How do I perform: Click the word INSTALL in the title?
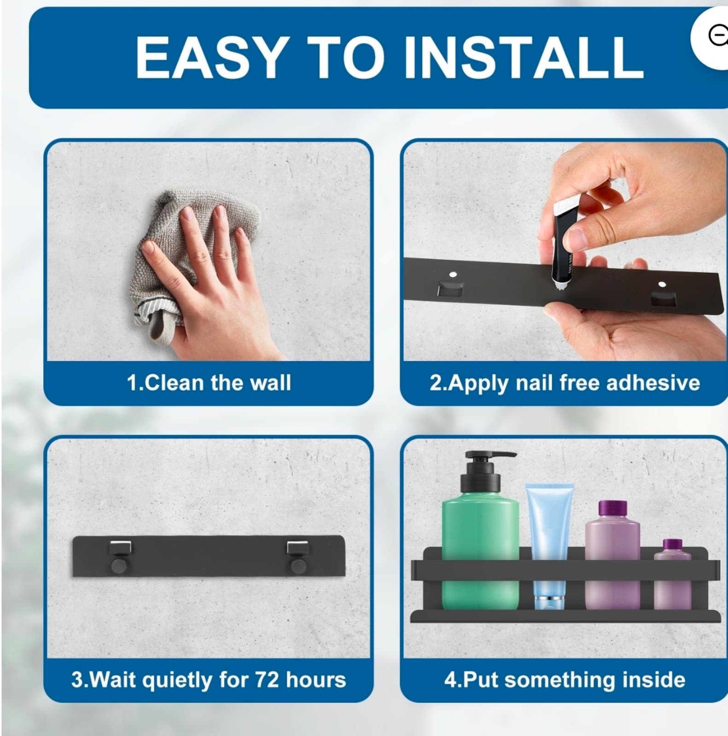click(x=524, y=57)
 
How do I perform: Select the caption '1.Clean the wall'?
click(x=209, y=383)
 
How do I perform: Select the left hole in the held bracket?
click(x=453, y=275)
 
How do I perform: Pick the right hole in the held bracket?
click(x=662, y=285)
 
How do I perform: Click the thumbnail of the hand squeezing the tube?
click(x=564, y=251)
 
